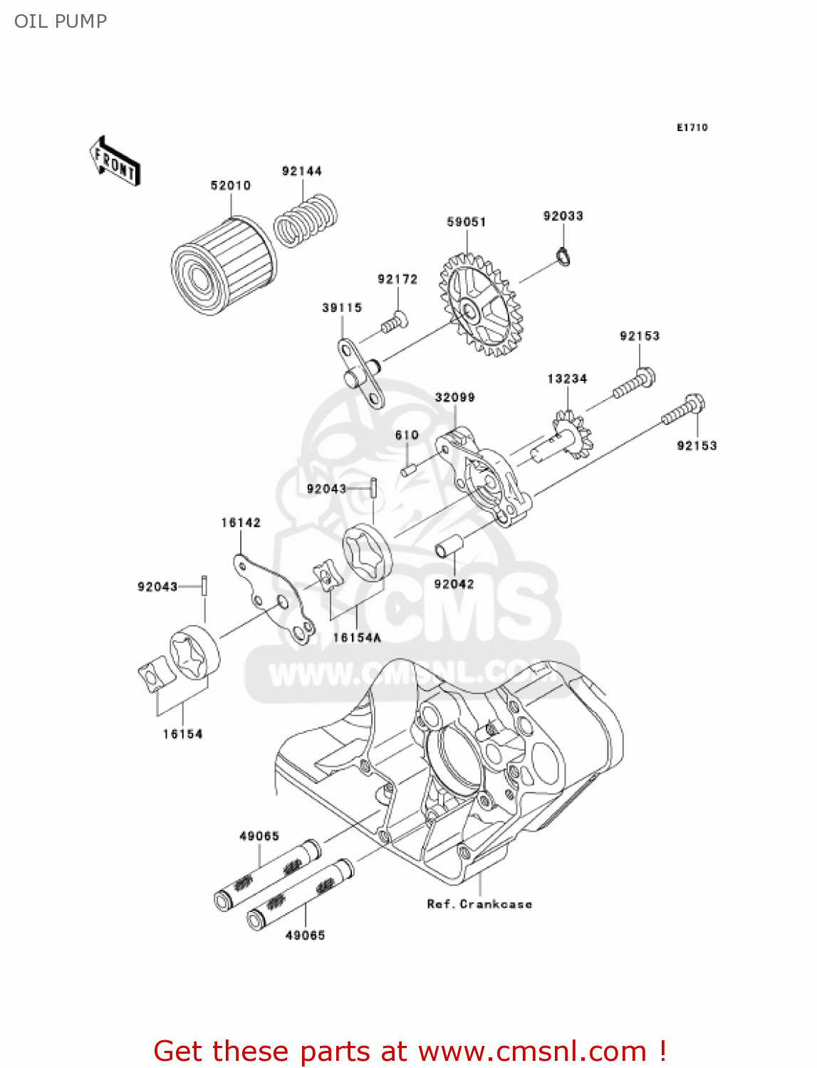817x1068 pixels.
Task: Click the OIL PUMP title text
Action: pyautogui.click(x=61, y=21)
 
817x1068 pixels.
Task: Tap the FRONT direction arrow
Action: pyautogui.click(x=115, y=162)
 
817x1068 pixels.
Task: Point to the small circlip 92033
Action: pyautogui.click(x=563, y=255)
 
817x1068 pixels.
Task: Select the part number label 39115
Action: pyautogui.click(x=342, y=308)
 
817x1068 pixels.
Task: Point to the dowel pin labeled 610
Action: pyautogui.click(x=407, y=470)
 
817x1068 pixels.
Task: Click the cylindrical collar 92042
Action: pyautogui.click(x=449, y=548)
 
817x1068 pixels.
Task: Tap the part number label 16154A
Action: pyautogui.click(x=357, y=637)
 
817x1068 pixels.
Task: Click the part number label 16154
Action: pyautogui.click(x=182, y=733)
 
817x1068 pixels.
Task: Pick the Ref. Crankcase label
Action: pyautogui.click(x=479, y=904)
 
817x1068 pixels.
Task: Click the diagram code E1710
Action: pyautogui.click(x=692, y=127)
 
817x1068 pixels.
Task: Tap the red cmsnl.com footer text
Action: pyautogui.click(x=410, y=1051)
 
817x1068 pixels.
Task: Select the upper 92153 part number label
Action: pyautogui.click(x=639, y=336)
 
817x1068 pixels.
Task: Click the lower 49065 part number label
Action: pyautogui.click(x=305, y=935)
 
